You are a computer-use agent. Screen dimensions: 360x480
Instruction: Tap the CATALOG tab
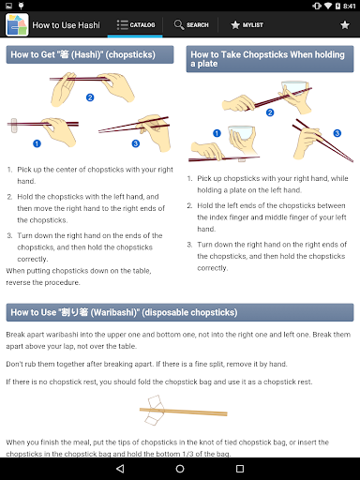point(135,24)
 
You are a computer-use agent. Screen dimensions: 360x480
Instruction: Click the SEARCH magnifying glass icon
point(179,24)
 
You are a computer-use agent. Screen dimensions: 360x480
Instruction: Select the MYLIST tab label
point(253,24)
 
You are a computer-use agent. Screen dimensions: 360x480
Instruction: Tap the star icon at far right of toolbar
point(345,25)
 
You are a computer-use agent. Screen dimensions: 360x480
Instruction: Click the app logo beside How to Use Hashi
point(17,24)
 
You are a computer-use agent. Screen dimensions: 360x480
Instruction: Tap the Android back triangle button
point(120,469)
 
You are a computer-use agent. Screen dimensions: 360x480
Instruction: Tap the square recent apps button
point(240,469)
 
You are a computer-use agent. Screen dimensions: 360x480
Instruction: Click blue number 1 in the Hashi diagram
point(37,143)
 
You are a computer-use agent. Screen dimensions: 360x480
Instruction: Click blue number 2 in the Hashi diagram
point(90,97)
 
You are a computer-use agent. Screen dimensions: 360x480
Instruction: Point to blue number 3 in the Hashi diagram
point(136,143)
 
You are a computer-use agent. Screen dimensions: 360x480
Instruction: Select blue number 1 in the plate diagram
point(217,133)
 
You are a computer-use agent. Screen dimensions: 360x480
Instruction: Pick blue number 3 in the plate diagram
point(337,133)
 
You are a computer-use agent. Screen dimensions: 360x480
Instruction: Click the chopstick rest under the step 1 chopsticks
point(14,126)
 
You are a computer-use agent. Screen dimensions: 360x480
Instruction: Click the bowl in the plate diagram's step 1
point(241,133)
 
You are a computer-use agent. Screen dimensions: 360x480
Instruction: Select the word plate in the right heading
point(207,64)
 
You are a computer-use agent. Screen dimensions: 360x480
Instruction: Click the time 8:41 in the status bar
point(349,6)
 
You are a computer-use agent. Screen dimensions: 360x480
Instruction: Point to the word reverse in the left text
point(18,282)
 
